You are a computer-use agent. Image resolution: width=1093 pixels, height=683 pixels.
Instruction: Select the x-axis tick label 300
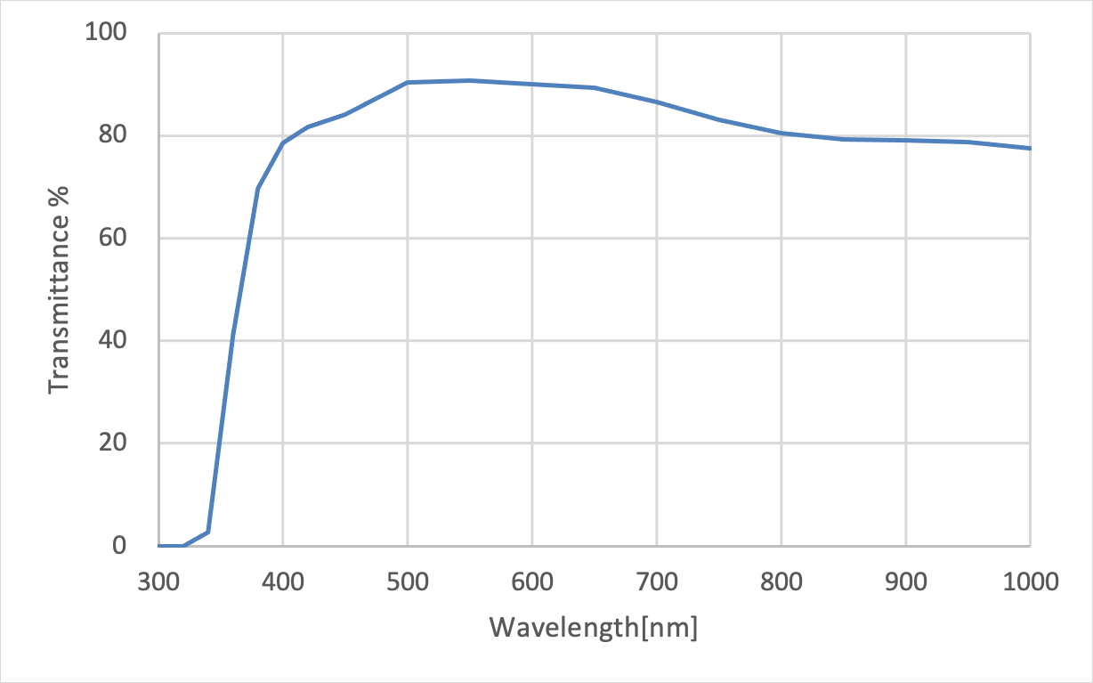click(158, 583)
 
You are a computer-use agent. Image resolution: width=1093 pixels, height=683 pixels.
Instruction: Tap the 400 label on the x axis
click(283, 583)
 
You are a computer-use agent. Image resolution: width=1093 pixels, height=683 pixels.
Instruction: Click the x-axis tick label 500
click(408, 583)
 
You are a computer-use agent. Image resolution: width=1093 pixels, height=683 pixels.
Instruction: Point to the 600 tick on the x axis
click(532, 583)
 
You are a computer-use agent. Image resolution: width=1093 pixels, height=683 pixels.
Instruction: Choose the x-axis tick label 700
click(657, 583)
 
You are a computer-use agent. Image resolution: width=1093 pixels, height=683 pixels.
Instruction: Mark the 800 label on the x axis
click(781, 583)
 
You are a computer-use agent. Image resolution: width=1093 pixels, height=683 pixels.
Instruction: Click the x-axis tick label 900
click(906, 583)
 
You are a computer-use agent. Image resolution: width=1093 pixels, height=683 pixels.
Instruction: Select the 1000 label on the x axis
click(1030, 583)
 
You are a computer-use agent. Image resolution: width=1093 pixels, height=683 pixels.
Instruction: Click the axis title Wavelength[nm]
click(594, 628)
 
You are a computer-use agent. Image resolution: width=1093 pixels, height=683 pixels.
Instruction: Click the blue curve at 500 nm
click(408, 82)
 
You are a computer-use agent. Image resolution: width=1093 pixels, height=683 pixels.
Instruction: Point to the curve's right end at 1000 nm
click(1030, 148)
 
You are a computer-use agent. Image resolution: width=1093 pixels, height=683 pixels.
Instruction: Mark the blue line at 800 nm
click(781, 133)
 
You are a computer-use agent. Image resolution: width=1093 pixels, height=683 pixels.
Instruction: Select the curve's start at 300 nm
click(159, 546)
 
